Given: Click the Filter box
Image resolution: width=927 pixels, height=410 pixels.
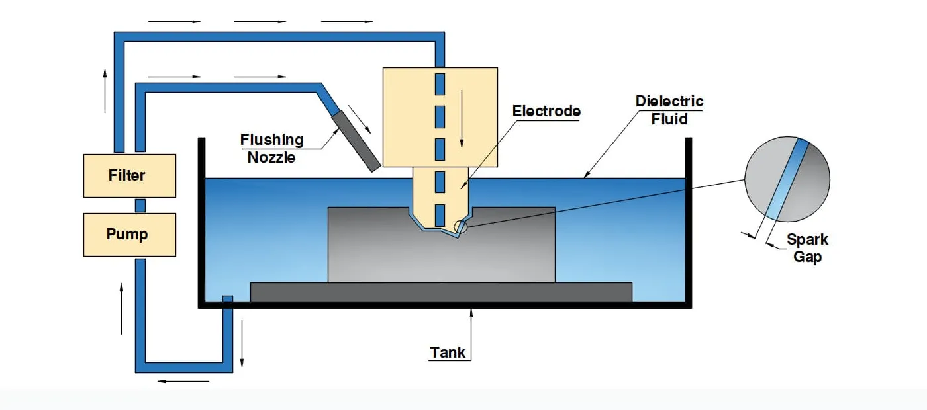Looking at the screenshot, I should (129, 176).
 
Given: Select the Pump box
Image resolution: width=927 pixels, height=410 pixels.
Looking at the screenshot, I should (129, 234).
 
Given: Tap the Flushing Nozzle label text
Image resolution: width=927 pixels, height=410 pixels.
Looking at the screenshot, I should (271, 148).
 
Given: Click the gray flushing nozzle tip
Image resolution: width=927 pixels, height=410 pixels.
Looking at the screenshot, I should (356, 140).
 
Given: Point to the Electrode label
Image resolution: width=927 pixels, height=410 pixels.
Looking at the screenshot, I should (546, 111).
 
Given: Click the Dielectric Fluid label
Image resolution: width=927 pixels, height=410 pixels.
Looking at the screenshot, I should (669, 110).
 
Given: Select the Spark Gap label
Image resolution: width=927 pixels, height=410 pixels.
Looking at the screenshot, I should (807, 248).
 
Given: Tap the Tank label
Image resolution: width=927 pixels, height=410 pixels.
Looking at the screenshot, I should (448, 352).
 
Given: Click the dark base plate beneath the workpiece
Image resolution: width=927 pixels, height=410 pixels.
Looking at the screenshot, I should (441, 292).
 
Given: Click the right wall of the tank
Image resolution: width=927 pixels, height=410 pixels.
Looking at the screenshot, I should (689, 218).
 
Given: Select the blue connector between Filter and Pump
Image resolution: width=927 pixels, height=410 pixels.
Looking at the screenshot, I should (140, 205).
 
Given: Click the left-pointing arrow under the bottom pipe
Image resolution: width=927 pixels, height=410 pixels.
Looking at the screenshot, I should (183, 381).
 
